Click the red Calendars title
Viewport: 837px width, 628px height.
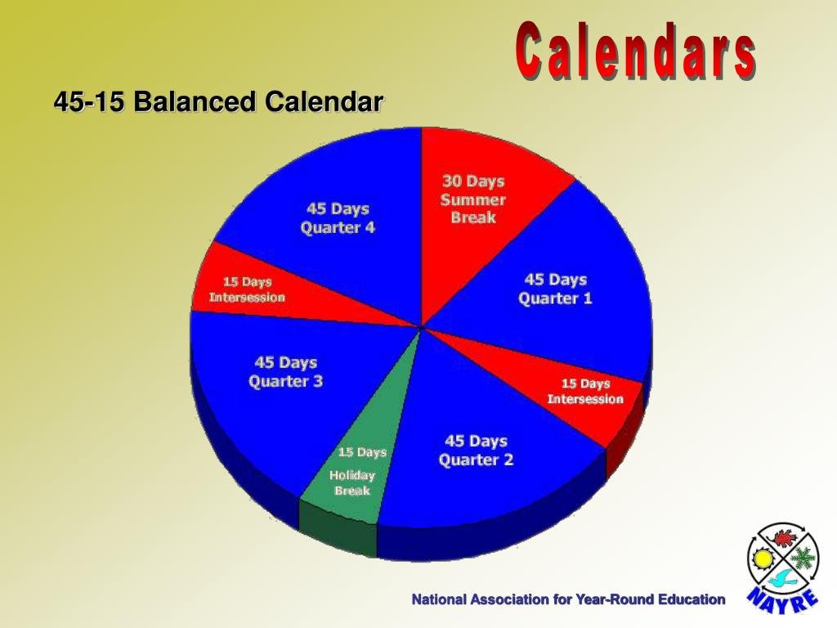click(635, 51)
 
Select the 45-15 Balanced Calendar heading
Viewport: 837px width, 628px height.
click(218, 101)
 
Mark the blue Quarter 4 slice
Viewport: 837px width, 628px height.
click(331, 213)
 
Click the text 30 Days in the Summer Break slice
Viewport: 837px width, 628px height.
click(473, 181)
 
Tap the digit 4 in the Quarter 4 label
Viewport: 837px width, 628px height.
click(369, 227)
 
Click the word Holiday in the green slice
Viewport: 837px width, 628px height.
click(352, 475)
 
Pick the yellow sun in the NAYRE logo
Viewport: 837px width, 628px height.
click(763, 559)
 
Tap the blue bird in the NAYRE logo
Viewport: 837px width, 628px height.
click(783, 579)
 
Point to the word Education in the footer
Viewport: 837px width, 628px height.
click(691, 599)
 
